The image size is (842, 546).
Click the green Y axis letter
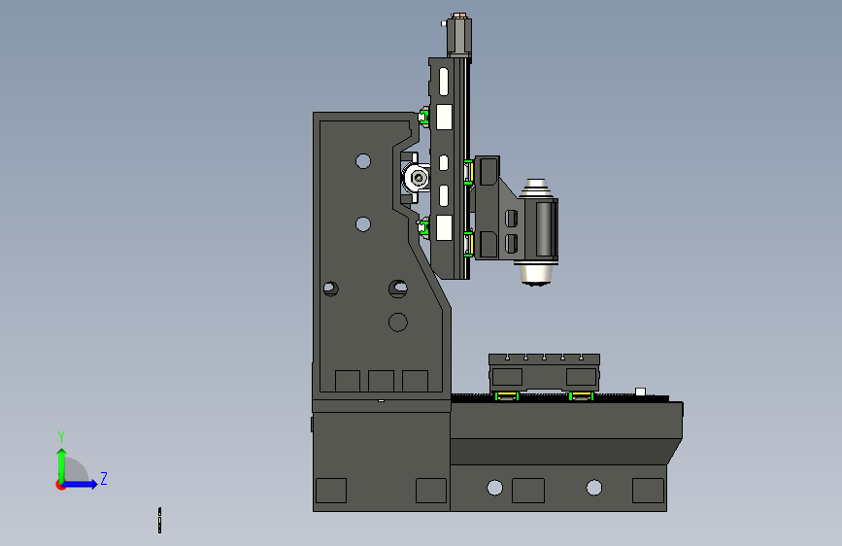click(x=61, y=437)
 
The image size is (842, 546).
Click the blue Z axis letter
click(x=104, y=478)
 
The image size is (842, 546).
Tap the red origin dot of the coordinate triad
click(x=60, y=485)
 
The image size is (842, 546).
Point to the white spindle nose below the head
click(x=536, y=274)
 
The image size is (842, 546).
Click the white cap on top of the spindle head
click(x=535, y=188)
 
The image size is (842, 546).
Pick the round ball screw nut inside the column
click(x=417, y=178)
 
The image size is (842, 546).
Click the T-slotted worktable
click(x=544, y=372)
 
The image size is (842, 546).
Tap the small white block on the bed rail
click(x=640, y=392)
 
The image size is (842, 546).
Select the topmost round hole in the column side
click(x=363, y=160)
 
